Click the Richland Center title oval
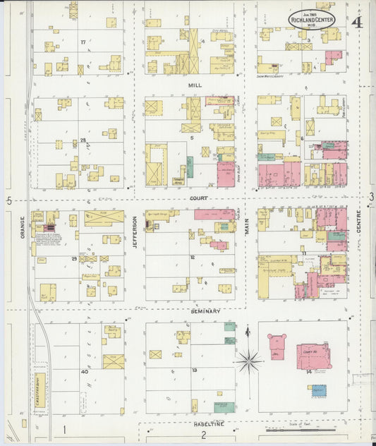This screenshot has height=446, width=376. pyautogui.click(x=312, y=18)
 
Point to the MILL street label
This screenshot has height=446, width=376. pyautogui.click(x=195, y=85)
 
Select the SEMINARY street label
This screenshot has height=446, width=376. pyautogui.click(x=205, y=311)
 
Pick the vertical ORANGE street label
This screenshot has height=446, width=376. pyautogui.click(x=23, y=227)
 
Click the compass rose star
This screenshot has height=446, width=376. pyautogui.click(x=248, y=362)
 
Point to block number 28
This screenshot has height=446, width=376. pyautogui.click(x=83, y=140)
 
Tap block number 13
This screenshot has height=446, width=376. pyautogui.click(x=193, y=370)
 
